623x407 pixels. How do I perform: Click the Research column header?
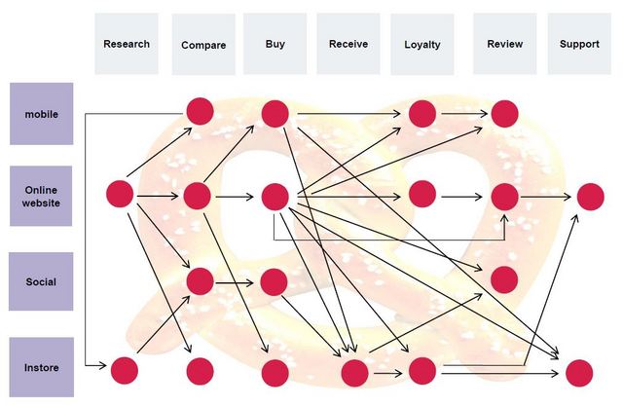127,44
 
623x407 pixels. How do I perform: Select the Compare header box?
203,44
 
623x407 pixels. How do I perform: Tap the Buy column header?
275,44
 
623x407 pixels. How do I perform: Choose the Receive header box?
348,44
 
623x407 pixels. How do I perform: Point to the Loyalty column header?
422,44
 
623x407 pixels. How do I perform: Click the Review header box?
504,44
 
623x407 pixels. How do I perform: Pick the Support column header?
579,44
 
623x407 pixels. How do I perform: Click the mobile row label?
41,114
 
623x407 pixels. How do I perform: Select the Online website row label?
41,196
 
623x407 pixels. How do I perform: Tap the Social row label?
41,281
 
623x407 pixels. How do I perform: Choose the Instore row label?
41,367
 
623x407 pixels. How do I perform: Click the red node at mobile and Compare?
200,112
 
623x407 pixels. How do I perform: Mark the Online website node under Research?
120,194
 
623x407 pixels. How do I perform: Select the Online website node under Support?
590,196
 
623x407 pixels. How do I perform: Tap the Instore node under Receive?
354,373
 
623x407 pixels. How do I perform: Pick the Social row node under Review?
504,279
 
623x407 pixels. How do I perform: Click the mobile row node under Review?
504,113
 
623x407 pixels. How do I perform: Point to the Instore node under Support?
578,372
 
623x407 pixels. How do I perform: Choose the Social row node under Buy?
274,282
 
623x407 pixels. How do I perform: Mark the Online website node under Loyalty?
422,194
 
